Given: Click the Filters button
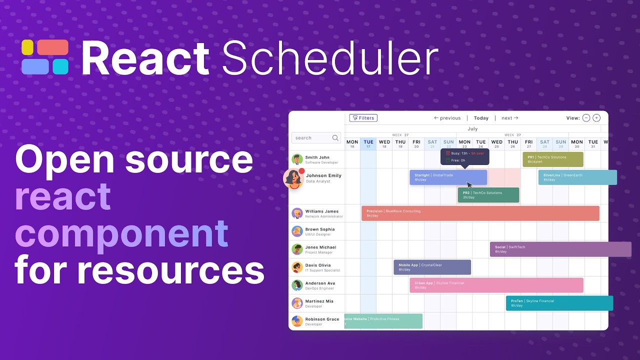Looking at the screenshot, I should point(363,118).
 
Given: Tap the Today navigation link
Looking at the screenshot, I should point(481,118).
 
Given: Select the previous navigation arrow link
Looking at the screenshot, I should point(447,118).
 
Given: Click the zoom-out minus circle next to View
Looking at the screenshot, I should point(586,118).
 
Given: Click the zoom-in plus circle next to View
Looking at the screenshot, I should point(596,118).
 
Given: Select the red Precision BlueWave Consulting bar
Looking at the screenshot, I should point(480,213).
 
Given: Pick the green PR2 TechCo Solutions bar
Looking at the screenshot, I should point(488,195).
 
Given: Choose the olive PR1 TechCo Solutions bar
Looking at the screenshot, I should point(552,159).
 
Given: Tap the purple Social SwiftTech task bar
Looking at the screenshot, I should point(560,249).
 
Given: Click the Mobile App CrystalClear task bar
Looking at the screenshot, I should point(432,267).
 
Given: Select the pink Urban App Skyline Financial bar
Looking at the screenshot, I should point(496,285).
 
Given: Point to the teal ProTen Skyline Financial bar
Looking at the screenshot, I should point(559,303).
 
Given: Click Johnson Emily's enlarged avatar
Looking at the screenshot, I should point(293,179).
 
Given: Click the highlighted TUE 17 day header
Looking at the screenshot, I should point(368,144).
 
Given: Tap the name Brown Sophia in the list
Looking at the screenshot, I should point(320,229).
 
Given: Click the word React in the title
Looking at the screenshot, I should point(145,58).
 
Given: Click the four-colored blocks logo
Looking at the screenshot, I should point(45,57).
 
